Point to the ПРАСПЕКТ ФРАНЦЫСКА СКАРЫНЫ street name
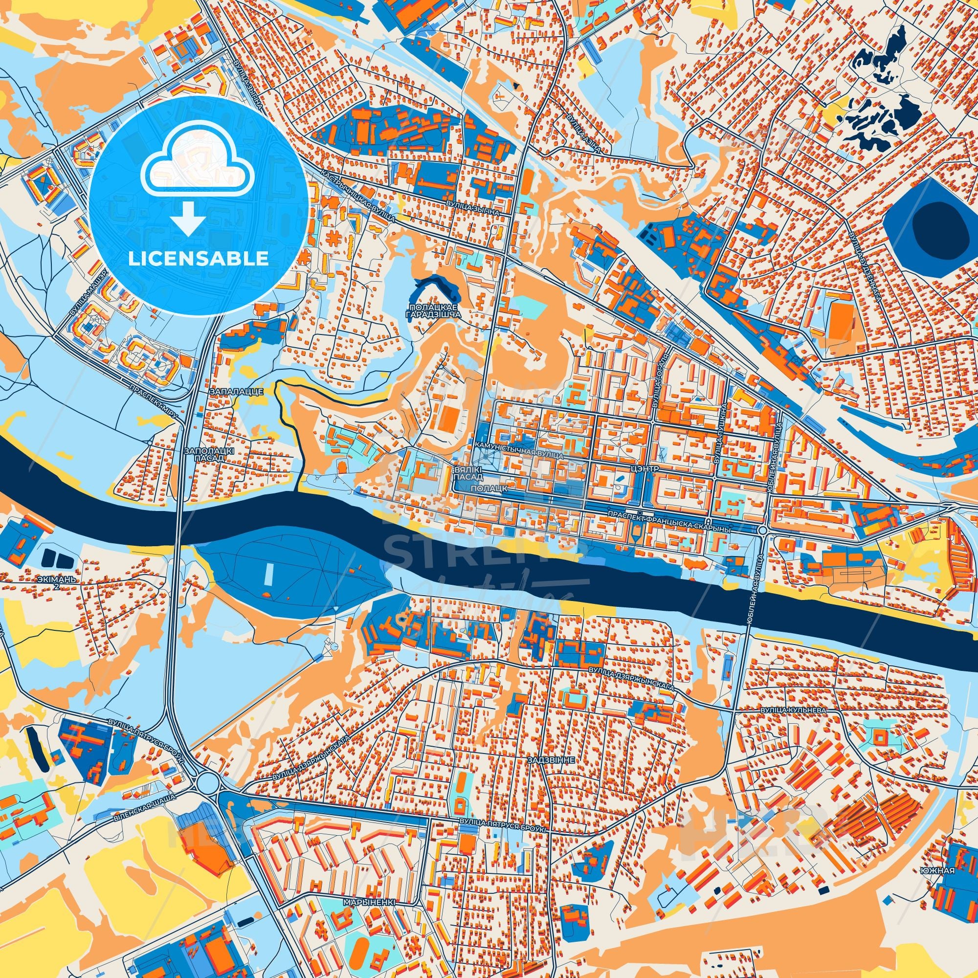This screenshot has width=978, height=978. pos(670,514)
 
